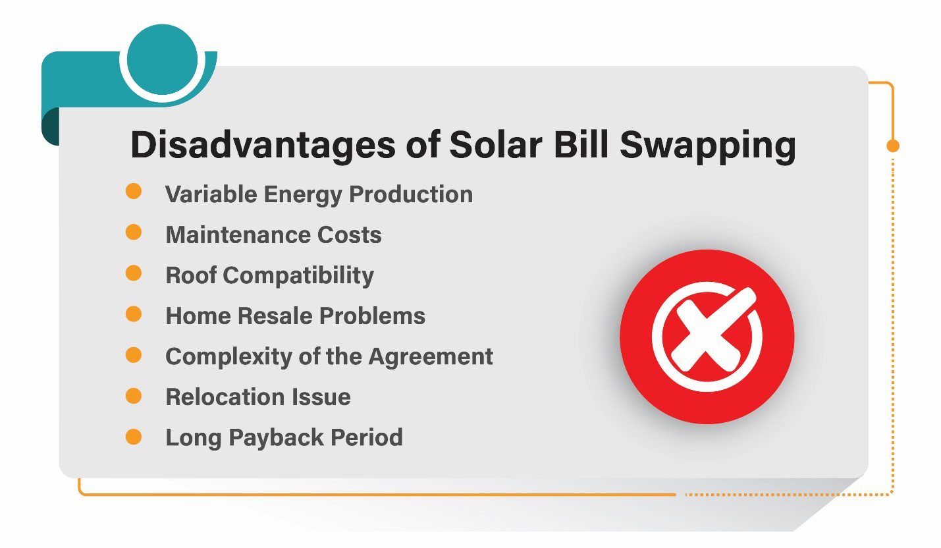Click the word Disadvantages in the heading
pyautogui.click(x=263, y=146)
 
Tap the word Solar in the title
pyautogui.click(x=495, y=144)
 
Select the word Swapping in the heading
pyautogui.click(x=708, y=146)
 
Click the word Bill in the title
pyautogui.click(x=581, y=144)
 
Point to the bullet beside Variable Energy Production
pyautogui.click(x=134, y=191)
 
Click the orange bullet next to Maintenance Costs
pyautogui.click(x=134, y=232)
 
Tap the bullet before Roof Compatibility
pyautogui.click(x=134, y=273)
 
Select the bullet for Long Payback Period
pyautogui.click(x=134, y=437)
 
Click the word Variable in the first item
pyautogui.click(x=211, y=194)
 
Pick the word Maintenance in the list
pyautogui.click(x=238, y=234)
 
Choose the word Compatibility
pyautogui.click(x=298, y=276)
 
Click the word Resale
pyautogui.click(x=275, y=315)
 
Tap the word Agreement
pyautogui.click(x=431, y=357)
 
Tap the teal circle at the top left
pyautogui.click(x=162, y=60)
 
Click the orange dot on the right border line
pyautogui.click(x=893, y=146)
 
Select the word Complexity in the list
pyautogui.click(x=229, y=357)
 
